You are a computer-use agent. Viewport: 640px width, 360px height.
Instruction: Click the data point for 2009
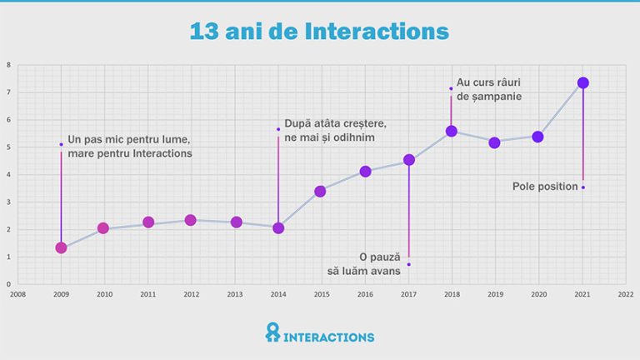[x=61, y=247]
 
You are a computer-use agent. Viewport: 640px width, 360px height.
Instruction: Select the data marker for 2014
[x=278, y=227]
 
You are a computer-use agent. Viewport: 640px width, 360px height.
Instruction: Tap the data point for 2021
[x=582, y=82]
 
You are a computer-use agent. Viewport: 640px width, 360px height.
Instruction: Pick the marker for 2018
[x=452, y=131]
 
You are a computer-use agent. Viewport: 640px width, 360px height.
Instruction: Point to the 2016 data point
[x=365, y=172]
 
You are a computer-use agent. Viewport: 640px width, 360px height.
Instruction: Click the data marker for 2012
[x=190, y=220]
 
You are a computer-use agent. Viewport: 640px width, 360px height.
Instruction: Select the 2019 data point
[x=494, y=142]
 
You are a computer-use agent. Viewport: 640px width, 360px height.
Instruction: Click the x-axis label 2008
[x=17, y=293]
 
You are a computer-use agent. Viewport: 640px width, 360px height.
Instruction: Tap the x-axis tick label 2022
[x=626, y=293]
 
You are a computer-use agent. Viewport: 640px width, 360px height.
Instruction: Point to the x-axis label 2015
[x=321, y=293]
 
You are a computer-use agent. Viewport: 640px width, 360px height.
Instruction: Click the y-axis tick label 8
[x=8, y=65]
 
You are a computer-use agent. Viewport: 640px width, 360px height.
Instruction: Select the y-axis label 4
[x=8, y=175]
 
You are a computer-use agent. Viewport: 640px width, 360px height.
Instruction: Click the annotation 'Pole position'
[x=545, y=187]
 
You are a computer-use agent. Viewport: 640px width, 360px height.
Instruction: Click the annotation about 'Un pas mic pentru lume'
[x=129, y=146]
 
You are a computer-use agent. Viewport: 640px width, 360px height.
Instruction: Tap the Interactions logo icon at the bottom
[x=272, y=332]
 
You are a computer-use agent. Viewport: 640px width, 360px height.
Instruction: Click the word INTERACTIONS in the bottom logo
[x=329, y=337]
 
